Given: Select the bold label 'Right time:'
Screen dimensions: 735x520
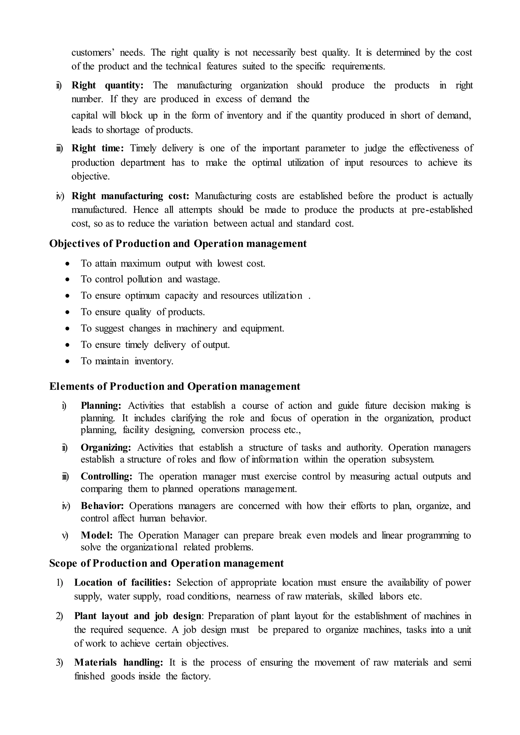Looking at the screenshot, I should coord(98,148).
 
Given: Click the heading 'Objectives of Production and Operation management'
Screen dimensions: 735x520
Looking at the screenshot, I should coord(178,244).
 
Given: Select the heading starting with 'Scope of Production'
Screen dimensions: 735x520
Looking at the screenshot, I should coord(166,563).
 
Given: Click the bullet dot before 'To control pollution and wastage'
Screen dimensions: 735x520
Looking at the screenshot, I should coord(67,280).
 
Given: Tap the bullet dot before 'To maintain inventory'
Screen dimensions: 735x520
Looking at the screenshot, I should coord(67,361).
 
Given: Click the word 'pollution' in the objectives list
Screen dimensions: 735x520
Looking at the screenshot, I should coord(145,279).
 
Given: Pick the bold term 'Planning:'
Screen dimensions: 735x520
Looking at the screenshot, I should coord(101,406).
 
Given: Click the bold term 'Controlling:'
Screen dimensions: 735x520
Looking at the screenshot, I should coord(106,476).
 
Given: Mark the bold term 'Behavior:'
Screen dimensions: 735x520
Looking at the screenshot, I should coord(102,506).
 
